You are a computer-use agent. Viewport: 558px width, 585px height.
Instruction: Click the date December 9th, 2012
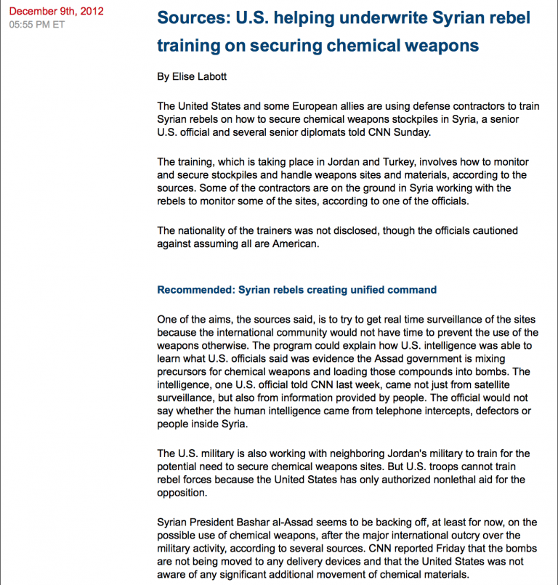[x=56, y=11]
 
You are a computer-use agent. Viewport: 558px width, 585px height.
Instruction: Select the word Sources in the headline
[x=190, y=17]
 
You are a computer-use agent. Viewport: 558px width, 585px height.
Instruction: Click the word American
[x=292, y=243]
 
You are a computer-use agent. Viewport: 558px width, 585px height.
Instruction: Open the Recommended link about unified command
[x=297, y=289]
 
